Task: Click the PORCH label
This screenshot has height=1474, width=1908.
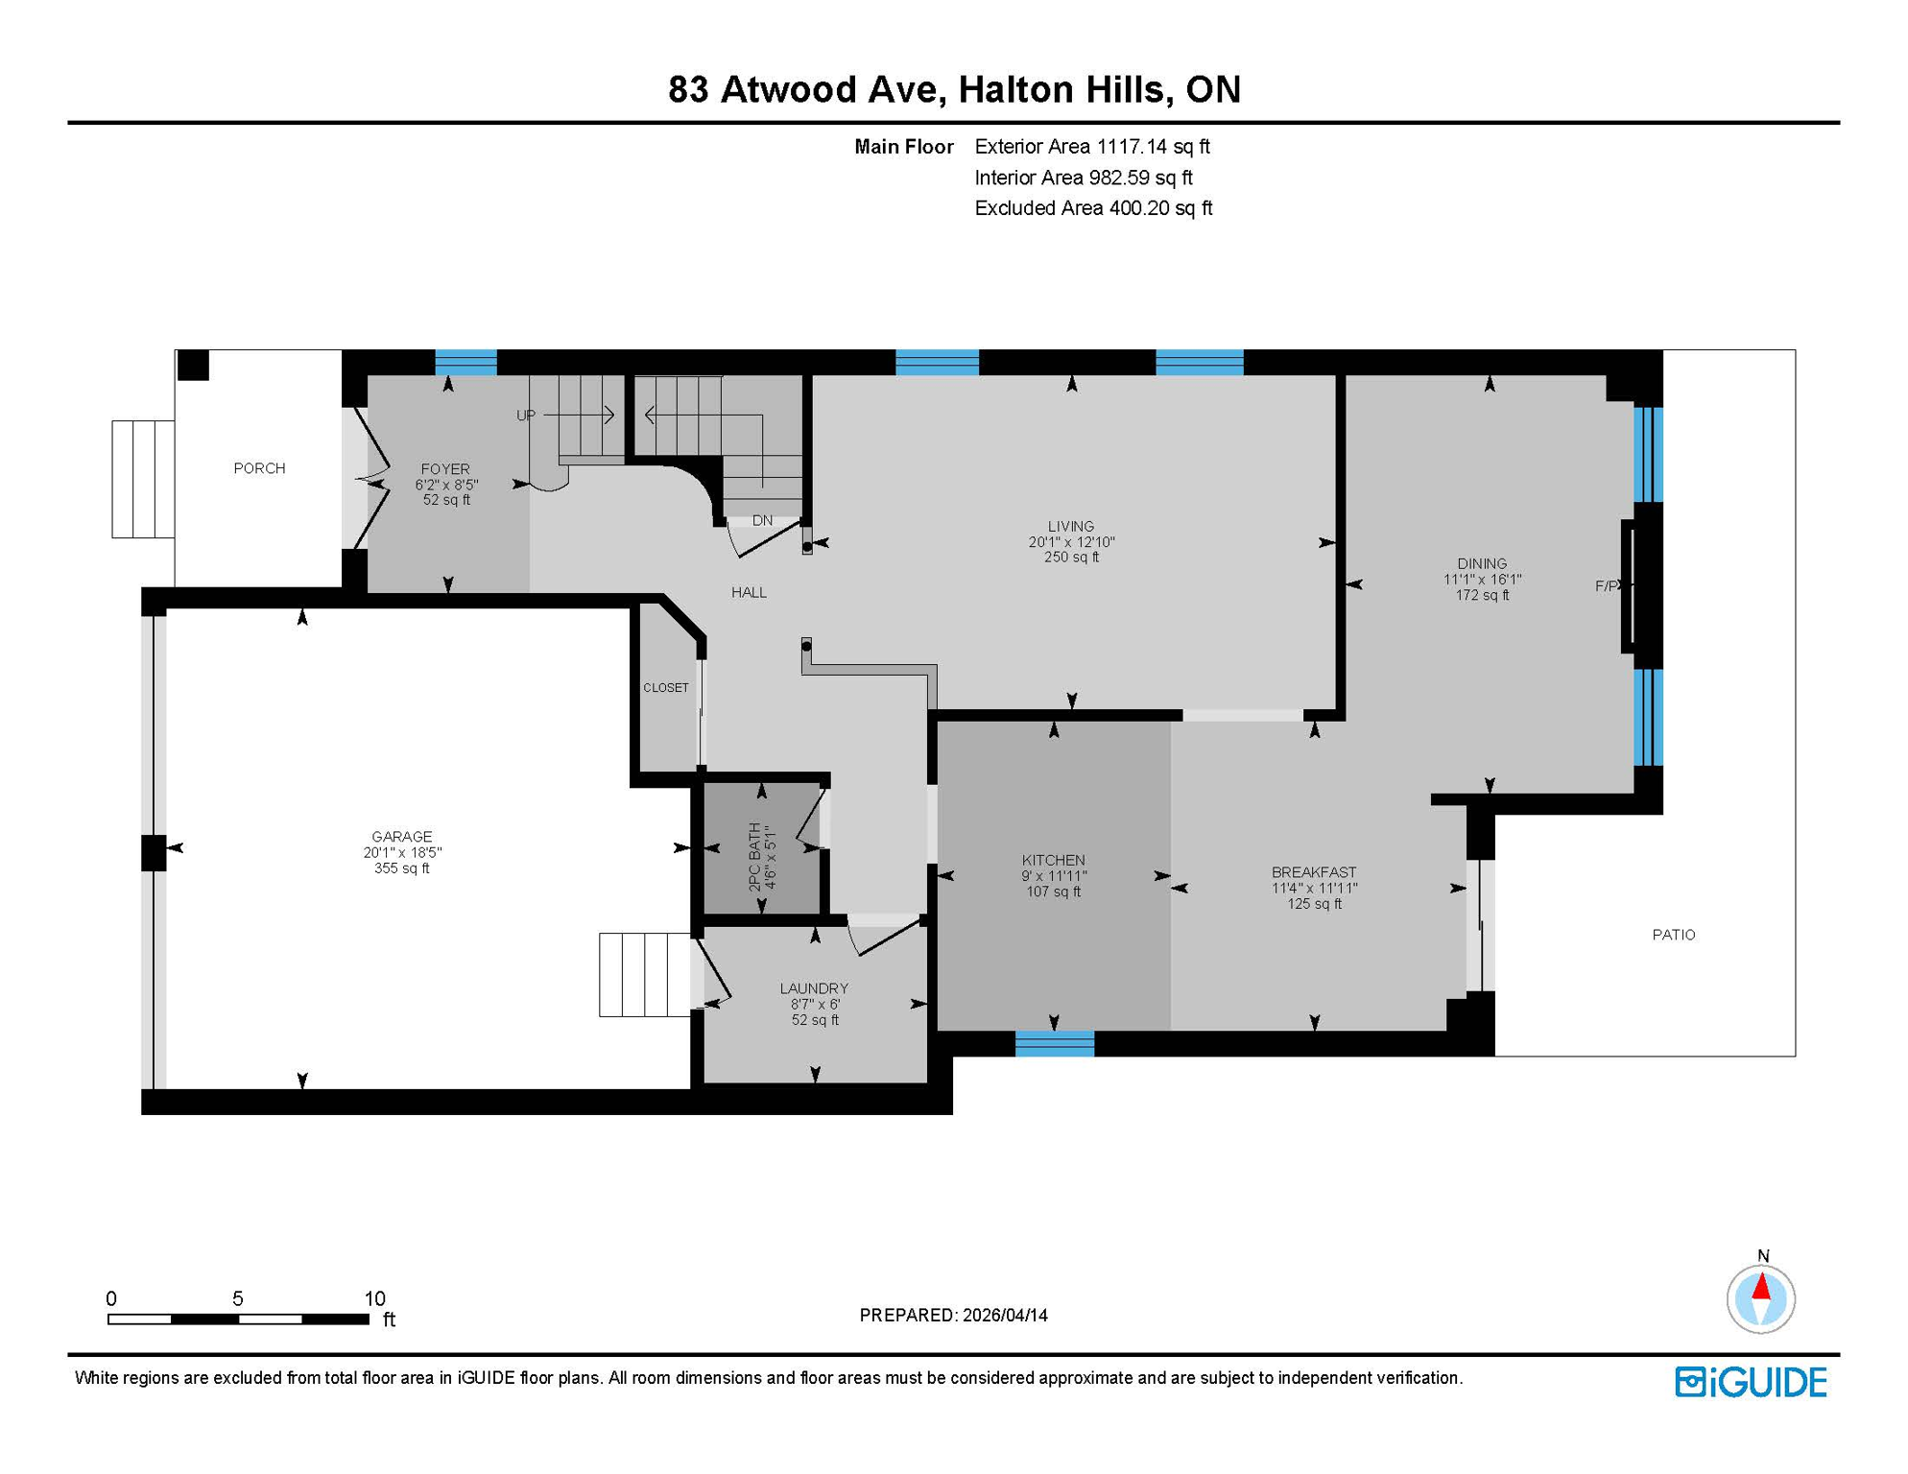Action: pos(259,468)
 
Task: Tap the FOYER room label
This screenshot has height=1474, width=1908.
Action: pos(445,469)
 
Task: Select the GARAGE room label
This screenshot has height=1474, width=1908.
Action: pos(401,837)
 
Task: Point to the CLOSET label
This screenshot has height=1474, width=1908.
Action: pos(665,688)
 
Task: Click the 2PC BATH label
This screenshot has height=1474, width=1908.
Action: pos(755,857)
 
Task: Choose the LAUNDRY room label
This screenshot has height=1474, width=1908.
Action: pos(814,988)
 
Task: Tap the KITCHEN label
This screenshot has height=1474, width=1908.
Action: pos(1053,861)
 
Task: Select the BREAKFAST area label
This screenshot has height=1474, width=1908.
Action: pos(1314,872)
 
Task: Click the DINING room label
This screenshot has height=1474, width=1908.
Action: pos(1481,564)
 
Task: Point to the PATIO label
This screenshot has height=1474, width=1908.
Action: pos(1673,935)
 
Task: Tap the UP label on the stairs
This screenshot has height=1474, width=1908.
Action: pos(526,416)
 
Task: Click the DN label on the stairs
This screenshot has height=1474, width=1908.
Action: pos(762,521)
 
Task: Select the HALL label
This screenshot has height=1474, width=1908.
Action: pos(749,593)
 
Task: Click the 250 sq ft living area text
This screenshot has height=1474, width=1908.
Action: pos(1071,558)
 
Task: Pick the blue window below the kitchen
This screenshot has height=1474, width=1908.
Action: pos(1054,1043)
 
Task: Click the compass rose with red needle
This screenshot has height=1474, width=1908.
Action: pos(1760,1298)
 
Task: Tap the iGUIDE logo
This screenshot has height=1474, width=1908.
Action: pos(1751,1382)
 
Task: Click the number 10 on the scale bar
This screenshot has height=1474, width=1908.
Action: pos(374,1298)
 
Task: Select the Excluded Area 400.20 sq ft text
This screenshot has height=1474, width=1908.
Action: pos(1092,208)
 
